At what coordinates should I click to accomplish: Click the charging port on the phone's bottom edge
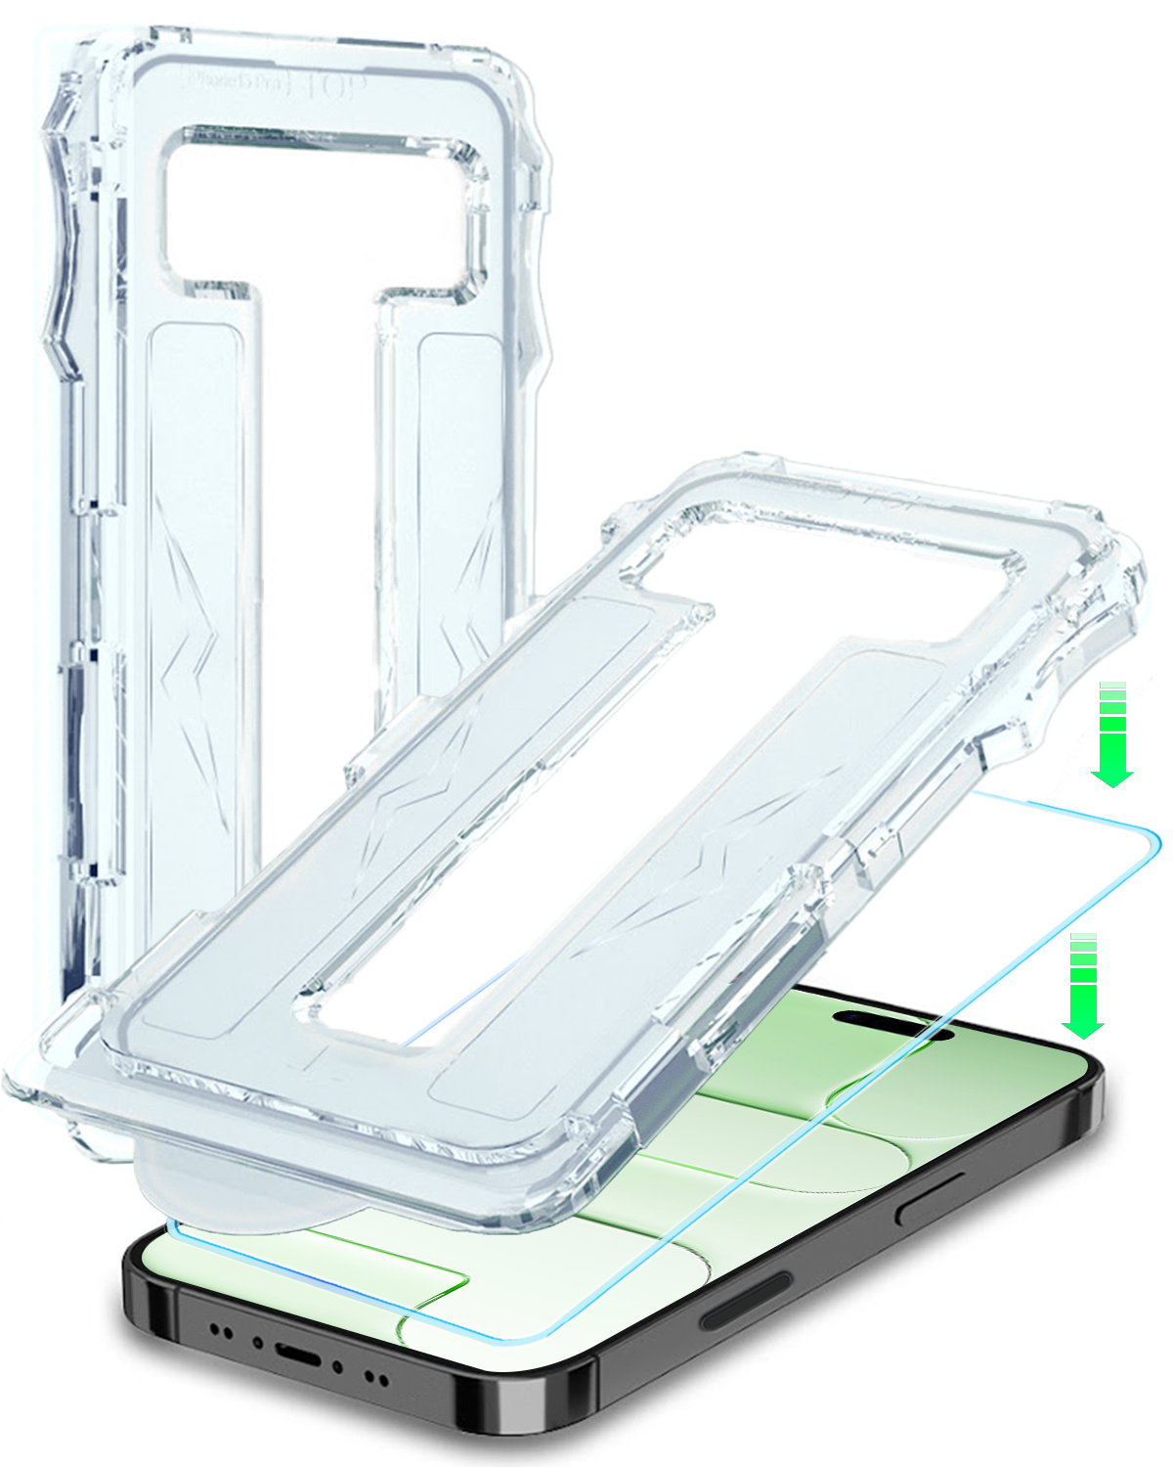(x=299, y=1355)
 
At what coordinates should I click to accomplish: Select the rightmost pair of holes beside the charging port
(x=376, y=1379)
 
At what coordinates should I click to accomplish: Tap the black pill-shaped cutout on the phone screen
(x=891, y=1024)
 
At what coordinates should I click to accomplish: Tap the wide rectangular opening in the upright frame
(x=323, y=210)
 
